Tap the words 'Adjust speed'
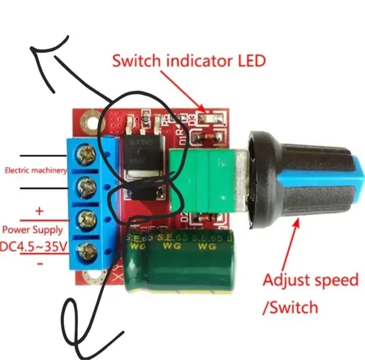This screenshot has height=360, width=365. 310,281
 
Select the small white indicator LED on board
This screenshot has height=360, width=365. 208,119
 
